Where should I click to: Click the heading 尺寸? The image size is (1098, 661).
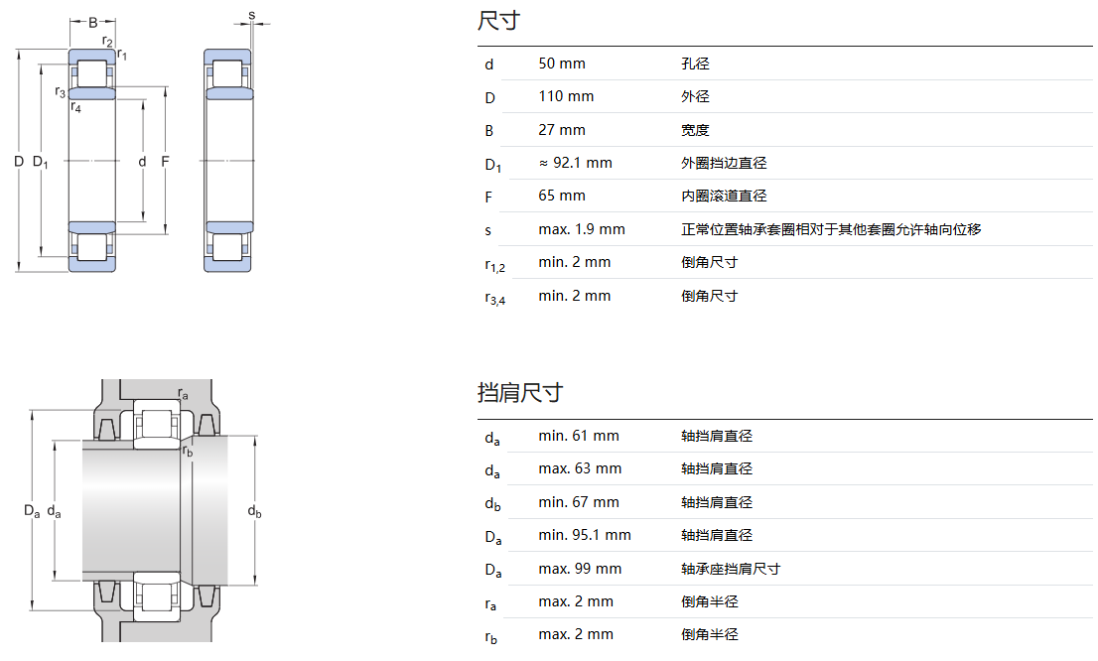click(x=498, y=21)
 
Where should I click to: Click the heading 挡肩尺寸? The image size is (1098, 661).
click(x=519, y=393)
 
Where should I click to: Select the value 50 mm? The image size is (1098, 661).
click(x=562, y=64)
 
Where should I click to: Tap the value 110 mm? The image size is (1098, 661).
click(x=566, y=96)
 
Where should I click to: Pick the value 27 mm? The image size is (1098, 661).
click(x=562, y=130)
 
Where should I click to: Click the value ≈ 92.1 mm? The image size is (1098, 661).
click(x=575, y=163)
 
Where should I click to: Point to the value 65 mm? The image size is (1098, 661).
click(x=562, y=196)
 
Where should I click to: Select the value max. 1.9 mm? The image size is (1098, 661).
click(x=582, y=229)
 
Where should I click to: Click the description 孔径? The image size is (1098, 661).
click(x=695, y=64)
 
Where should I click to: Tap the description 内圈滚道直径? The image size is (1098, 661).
click(x=724, y=196)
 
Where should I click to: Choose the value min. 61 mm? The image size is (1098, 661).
click(x=578, y=436)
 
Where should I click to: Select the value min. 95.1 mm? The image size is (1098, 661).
click(x=585, y=535)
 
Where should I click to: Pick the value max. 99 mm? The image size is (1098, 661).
click(x=580, y=569)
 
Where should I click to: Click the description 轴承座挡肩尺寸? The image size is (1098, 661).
click(x=731, y=569)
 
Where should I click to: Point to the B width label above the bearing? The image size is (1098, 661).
click(x=93, y=22)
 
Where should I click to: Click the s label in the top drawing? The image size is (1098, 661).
click(x=251, y=15)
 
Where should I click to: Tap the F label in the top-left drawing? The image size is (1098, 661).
click(x=165, y=161)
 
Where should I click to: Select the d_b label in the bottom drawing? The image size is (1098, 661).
click(x=254, y=511)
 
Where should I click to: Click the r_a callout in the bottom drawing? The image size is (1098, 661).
click(x=183, y=394)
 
